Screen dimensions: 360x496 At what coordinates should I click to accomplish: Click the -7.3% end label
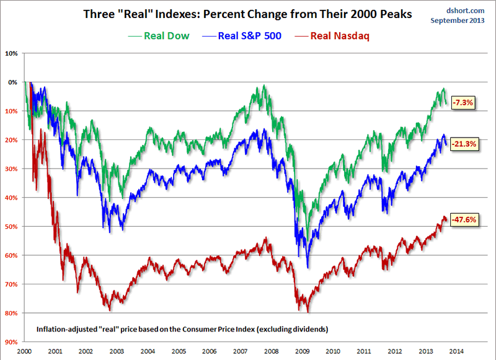click(x=463, y=103)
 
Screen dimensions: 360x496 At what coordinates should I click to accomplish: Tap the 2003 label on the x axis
click(x=116, y=350)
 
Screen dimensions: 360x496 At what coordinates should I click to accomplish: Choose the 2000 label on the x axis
click(x=25, y=350)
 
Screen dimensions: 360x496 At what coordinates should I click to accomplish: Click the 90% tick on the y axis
click(x=12, y=341)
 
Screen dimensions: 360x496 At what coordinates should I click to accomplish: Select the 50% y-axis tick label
click(x=12, y=226)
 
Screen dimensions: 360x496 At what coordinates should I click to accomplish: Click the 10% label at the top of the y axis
click(x=12, y=53)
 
